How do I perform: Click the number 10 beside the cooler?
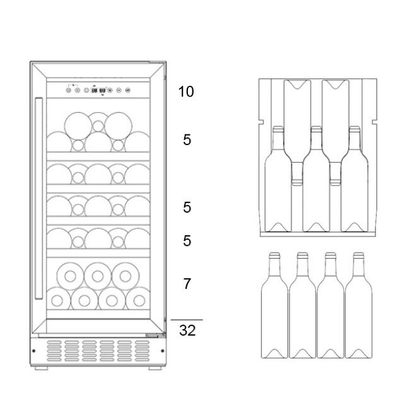(186, 91)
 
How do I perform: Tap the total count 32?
(187, 331)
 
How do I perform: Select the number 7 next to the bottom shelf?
(187, 284)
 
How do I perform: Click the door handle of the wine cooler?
(38, 198)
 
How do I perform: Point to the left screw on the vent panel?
(33, 351)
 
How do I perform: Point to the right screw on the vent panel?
(162, 351)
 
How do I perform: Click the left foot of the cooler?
(41, 368)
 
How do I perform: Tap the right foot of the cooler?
(155, 368)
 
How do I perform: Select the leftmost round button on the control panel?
(69, 90)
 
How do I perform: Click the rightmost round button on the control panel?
(127, 90)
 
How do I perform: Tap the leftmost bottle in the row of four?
(274, 305)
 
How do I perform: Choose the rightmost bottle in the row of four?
(358, 305)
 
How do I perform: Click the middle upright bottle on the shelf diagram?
(317, 179)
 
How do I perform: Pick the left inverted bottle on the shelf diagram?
(297, 132)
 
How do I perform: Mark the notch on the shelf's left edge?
(261, 122)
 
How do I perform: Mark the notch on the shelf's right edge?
(375, 122)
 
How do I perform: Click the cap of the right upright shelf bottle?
(354, 129)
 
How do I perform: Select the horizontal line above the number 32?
(187, 320)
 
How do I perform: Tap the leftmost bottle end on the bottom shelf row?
(58, 298)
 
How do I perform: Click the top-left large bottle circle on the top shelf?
(78, 126)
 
